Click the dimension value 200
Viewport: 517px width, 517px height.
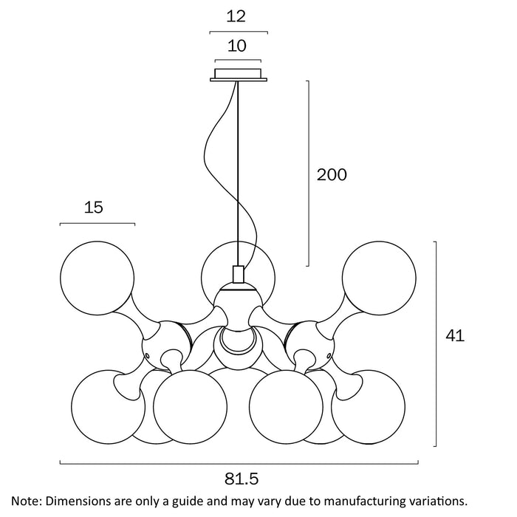coord(332,175)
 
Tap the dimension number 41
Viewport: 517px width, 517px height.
coord(455,336)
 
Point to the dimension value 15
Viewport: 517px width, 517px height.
coord(94,208)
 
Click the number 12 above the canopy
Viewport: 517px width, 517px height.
coord(237,15)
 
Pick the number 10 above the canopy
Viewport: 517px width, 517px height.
coord(237,46)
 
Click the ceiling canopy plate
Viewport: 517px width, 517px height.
coord(239,75)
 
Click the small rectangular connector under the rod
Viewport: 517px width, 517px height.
coord(238,275)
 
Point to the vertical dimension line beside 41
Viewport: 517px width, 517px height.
coord(436,343)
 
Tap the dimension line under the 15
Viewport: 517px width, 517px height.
coord(97,224)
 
